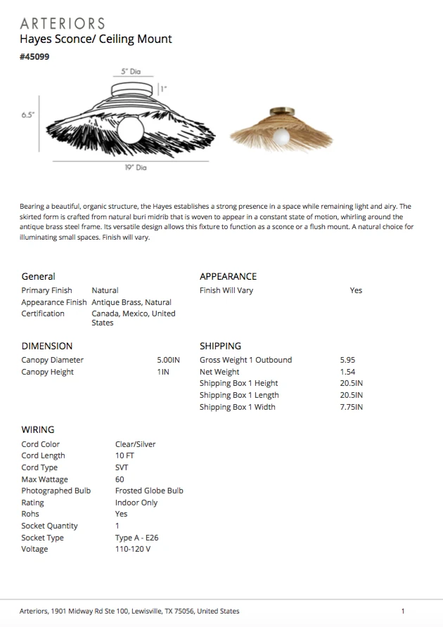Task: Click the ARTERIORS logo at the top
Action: click(63, 23)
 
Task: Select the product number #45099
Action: click(34, 57)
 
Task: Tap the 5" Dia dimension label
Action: click(131, 72)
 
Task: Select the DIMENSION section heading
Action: click(46, 346)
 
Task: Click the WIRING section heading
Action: click(37, 429)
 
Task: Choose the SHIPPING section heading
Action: click(220, 346)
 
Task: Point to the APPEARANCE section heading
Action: click(228, 276)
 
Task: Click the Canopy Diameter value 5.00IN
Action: click(168, 360)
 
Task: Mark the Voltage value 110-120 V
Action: click(133, 549)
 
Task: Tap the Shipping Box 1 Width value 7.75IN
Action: click(351, 407)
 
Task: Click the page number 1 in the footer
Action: click(403, 612)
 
